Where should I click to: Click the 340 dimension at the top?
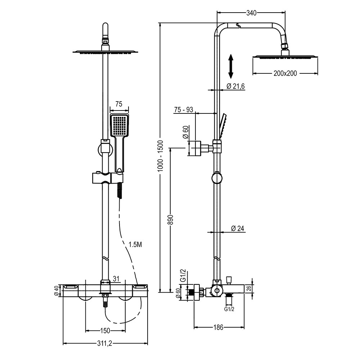point(251,13)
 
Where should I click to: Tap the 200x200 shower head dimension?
point(285,73)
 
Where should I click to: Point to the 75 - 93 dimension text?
point(184,110)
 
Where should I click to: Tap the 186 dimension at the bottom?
point(218,327)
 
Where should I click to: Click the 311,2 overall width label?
point(105,344)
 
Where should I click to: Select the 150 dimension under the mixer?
point(105,330)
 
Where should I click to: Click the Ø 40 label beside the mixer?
point(57,290)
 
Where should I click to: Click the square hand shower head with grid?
point(119,125)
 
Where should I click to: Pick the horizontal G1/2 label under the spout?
point(229,309)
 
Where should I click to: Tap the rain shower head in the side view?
point(285,56)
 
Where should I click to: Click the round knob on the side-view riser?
point(217,178)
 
